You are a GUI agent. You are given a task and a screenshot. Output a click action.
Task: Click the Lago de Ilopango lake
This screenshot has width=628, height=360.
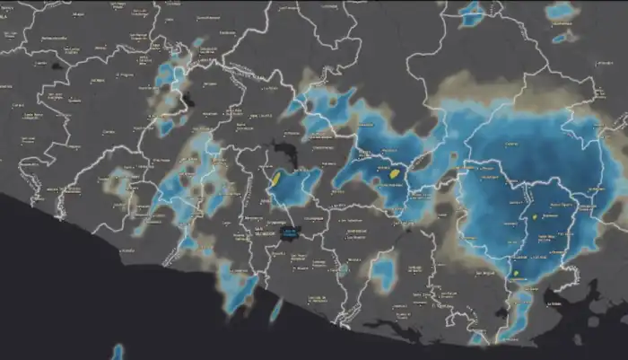click(289, 234)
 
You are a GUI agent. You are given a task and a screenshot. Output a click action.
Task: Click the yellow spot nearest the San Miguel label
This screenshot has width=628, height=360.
click(534, 216)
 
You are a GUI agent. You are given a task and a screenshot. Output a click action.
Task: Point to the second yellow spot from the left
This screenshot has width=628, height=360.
click(394, 171)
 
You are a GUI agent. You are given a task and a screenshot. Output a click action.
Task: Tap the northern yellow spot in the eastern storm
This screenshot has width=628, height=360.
click(534, 216)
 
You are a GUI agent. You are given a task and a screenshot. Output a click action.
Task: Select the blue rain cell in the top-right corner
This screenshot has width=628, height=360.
click(563, 12)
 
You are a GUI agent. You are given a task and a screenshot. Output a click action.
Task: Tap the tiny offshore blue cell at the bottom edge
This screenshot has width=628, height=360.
click(118, 351)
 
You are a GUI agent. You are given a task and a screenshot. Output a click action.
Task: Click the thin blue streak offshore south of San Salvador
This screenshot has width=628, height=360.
click(275, 310)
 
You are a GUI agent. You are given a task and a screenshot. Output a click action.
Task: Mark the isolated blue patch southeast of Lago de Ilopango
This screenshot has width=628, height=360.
click(383, 271)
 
